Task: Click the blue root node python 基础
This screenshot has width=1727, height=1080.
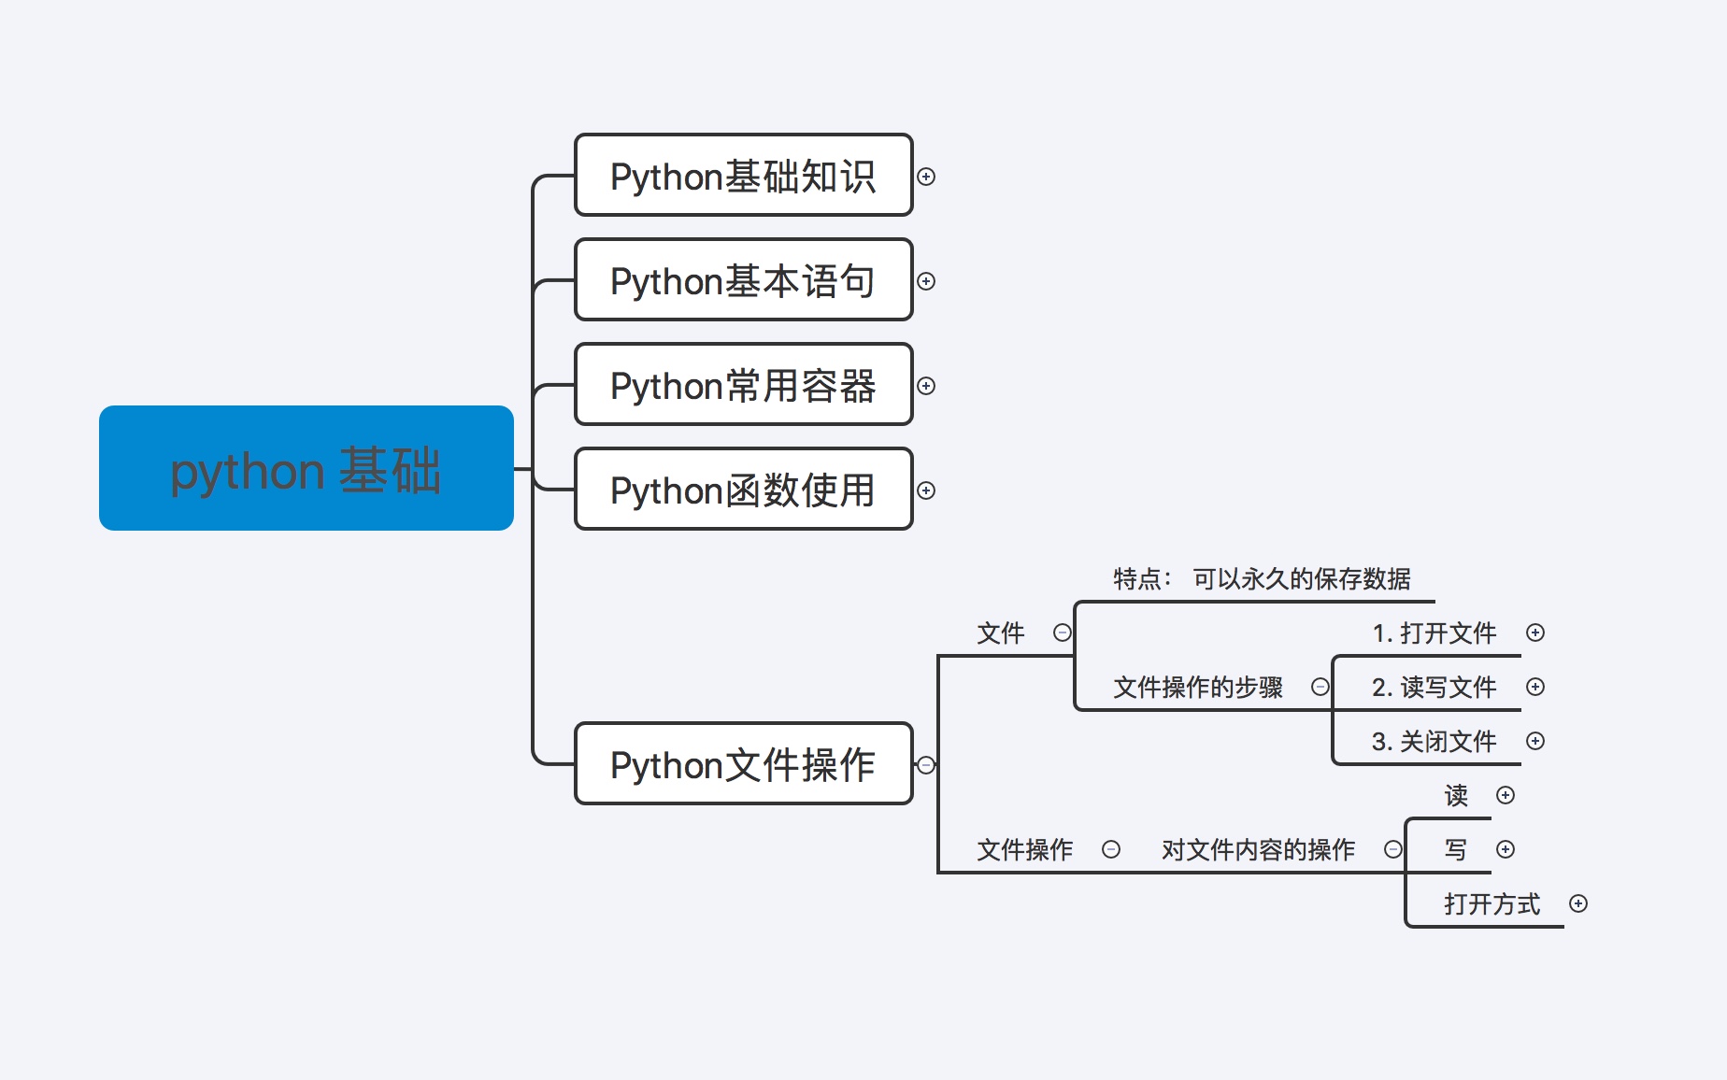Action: pyautogui.click(x=306, y=468)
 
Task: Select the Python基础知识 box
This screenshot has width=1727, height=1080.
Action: pyautogui.click(x=743, y=176)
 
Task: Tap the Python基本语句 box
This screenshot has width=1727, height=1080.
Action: pyautogui.click(x=743, y=280)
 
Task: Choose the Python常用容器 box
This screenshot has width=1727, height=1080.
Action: pyautogui.click(x=743, y=385)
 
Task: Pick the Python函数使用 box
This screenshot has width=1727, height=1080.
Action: pyautogui.click(x=743, y=490)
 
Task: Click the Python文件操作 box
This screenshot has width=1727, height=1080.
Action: pyautogui.click(x=743, y=764)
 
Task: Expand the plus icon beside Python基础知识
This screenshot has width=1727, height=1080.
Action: pyautogui.click(x=926, y=177)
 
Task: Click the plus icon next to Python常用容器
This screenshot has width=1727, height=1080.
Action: pyautogui.click(x=926, y=386)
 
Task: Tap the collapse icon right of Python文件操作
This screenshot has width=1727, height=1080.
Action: pyautogui.click(x=926, y=765)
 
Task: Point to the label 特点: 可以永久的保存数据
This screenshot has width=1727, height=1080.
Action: pyautogui.click(x=1262, y=579)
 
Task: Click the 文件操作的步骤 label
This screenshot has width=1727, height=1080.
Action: pyautogui.click(x=1198, y=688)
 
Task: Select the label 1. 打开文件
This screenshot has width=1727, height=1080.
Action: pyautogui.click(x=1434, y=633)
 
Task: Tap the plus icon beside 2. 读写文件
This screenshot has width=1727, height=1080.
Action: pyautogui.click(x=1535, y=687)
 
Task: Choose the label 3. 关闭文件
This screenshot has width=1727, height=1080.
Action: pyautogui.click(x=1434, y=742)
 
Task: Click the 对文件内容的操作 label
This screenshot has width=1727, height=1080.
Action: pyautogui.click(x=1258, y=850)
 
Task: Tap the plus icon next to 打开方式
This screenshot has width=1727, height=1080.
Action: pyautogui.click(x=1578, y=903)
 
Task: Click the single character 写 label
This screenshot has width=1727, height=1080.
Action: pyautogui.click(x=1456, y=850)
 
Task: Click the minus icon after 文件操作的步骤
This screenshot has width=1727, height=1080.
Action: pyautogui.click(x=1320, y=687)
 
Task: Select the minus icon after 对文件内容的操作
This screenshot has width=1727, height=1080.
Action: pyautogui.click(x=1393, y=849)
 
